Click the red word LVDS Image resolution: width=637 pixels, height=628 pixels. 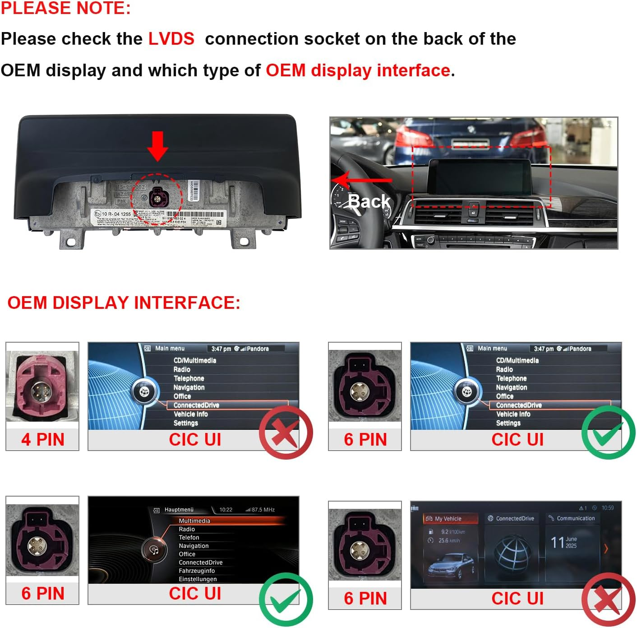point(171,39)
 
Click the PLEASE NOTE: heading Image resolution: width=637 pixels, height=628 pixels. point(66,8)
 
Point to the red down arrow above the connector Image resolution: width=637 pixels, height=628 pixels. point(157,146)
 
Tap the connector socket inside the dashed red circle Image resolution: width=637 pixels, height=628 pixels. point(157,197)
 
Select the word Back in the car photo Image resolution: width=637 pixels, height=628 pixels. point(369,201)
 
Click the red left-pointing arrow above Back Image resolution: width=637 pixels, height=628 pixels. point(361,180)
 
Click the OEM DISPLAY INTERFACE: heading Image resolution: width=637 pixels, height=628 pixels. point(124,302)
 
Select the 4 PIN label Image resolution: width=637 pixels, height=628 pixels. point(42,439)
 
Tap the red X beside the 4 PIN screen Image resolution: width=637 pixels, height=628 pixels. point(286,432)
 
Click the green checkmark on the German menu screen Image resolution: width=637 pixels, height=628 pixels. point(286,600)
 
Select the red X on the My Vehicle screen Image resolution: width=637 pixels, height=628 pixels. point(608,600)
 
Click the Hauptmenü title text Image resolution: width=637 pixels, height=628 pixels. point(179,510)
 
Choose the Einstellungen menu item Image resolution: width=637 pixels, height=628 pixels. point(198,579)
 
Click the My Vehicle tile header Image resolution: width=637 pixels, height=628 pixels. point(449,519)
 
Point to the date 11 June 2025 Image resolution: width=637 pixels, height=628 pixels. point(564,542)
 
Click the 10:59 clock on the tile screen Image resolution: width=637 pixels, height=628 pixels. point(607,508)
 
